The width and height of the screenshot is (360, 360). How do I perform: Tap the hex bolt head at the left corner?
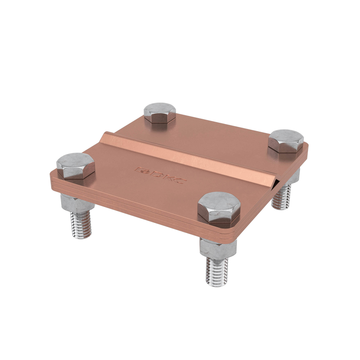coord(76,166)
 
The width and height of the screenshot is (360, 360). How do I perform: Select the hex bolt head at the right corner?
coord(286,141)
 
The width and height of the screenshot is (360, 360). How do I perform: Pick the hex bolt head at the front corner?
coord(219,207)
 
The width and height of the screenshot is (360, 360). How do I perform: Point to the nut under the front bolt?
coord(218,248)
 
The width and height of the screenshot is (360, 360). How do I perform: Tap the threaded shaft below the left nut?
coord(81,225)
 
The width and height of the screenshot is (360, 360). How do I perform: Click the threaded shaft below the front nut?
coord(217,272)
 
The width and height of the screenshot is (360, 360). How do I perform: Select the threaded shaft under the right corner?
coord(281,197)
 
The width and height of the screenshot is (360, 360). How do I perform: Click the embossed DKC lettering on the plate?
coord(161,175)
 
